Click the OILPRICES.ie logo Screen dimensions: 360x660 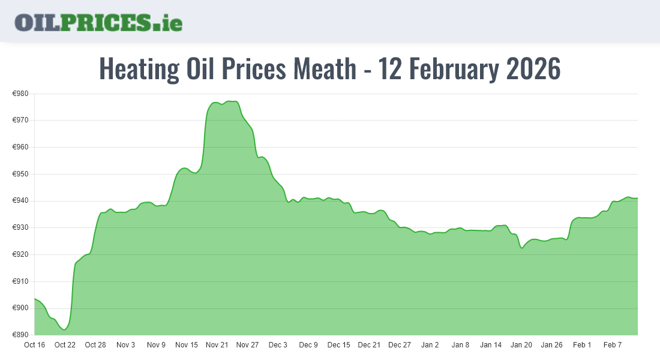[x=98, y=22]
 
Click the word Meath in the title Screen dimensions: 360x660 [x=324, y=69]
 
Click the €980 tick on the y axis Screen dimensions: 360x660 [x=20, y=94]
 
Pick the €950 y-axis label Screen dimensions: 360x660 [x=20, y=174]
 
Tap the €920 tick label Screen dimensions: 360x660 [x=20, y=254]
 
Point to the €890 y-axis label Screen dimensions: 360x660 [x=20, y=335]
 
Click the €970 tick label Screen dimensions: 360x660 [x=20, y=121]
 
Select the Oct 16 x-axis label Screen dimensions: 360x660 [x=34, y=345]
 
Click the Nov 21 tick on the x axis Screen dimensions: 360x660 [x=217, y=345]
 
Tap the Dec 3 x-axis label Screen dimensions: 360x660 [x=278, y=345]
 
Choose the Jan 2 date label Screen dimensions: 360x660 [x=430, y=345]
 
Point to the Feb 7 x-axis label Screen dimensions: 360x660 [x=613, y=345]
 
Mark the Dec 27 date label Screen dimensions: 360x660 [x=400, y=345]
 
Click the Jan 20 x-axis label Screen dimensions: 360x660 [x=521, y=345]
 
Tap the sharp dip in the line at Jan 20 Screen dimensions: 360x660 [x=522, y=248]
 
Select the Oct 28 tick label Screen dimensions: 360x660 [x=95, y=345]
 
